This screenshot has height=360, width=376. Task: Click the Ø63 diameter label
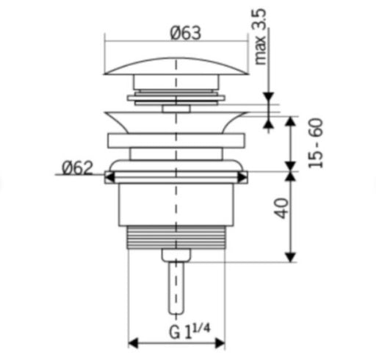186,33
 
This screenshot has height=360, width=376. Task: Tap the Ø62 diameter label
78,168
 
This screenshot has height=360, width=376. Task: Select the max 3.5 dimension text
260,37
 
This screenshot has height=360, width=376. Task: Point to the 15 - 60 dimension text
316,143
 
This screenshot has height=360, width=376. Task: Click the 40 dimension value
281,208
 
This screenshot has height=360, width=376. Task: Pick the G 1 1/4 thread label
189,331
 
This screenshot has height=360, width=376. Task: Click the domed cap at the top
176,66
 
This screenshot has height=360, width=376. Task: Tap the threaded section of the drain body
176,237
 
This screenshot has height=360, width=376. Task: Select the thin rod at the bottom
176,288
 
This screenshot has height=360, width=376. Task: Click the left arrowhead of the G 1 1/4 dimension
133,343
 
